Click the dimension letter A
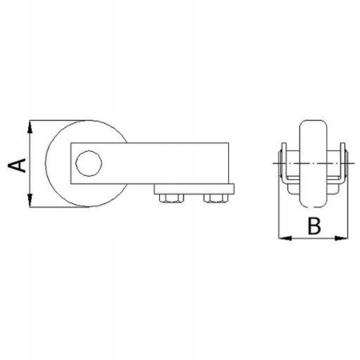(x=17, y=165)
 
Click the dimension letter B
(x=314, y=226)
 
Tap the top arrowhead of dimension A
(x=30, y=127)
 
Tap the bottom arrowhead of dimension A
(x=30, y=200)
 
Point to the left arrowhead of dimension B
(x=285, y=238)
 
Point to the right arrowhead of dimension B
(x=341, y=238)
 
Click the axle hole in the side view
(x=89, y=163)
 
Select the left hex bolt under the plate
(x=171, y=198)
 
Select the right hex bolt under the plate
(x=215, y=198)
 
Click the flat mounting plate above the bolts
(x=194, y=189)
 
